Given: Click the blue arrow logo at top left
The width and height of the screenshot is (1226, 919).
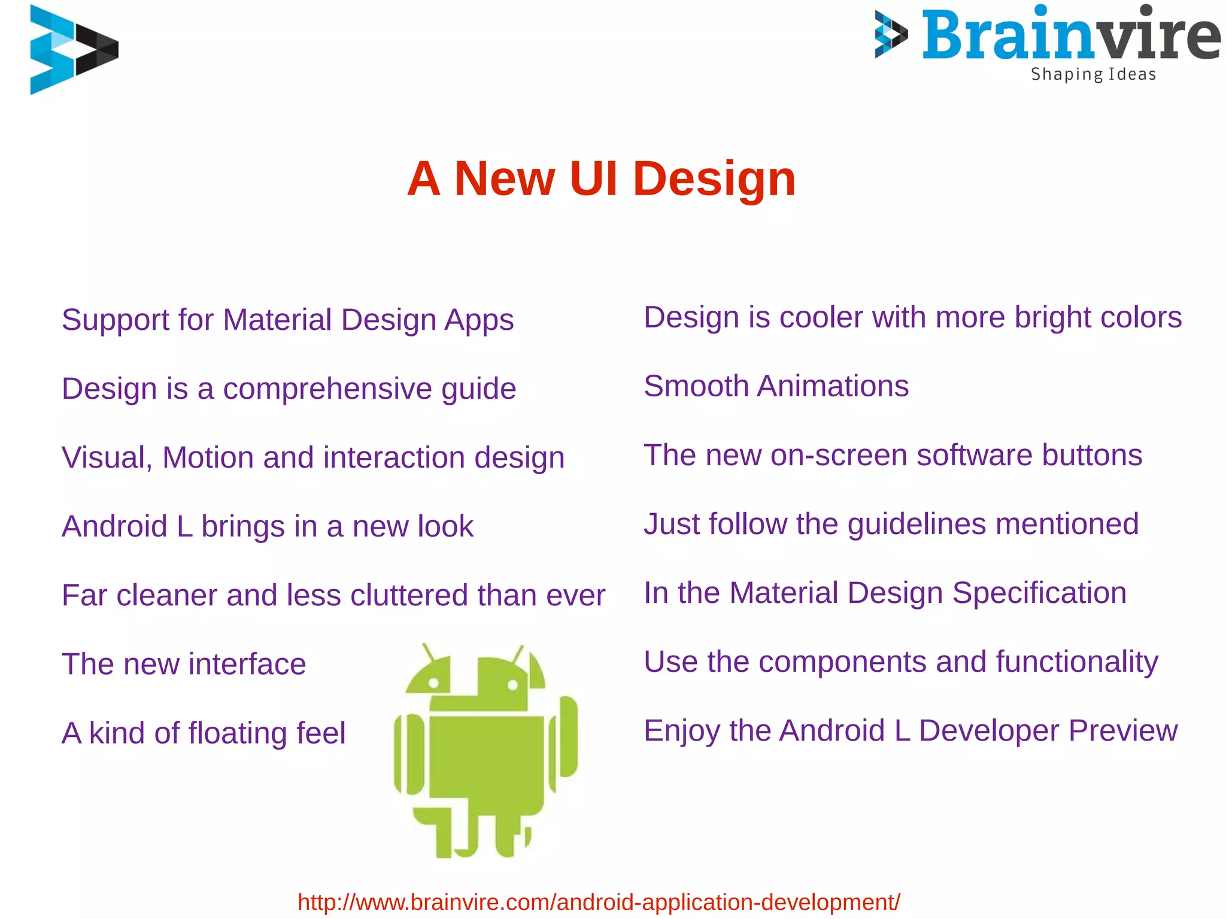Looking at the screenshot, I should coord(73,49).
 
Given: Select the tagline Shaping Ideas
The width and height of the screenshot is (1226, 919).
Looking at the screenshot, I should coord(1093,74).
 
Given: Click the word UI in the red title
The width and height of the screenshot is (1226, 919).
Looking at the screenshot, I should coord(593,178).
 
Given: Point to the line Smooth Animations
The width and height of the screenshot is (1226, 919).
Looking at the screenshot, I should coord(776,386).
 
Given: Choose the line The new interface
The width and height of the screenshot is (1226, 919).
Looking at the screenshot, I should coord(184,665).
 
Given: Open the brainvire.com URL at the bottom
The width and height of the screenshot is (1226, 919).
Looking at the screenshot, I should coord(599,902).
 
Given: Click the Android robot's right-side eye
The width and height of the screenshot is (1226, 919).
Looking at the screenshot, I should coord(512,685).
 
